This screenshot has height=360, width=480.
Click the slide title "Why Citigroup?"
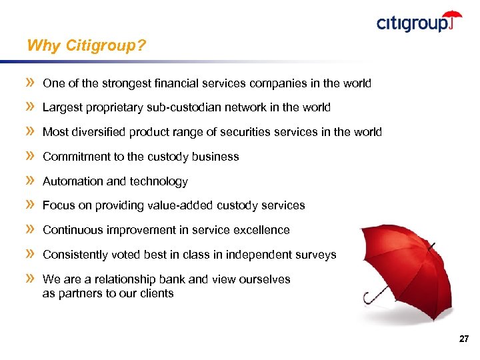pyautogui.click(x=86, y=46)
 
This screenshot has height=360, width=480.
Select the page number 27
pyautogui.click(x=464, y=339)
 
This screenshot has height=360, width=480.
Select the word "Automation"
pyautogui.click(x=71, y=181)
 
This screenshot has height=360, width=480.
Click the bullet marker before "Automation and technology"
pyautogui.click(x=30, y=181)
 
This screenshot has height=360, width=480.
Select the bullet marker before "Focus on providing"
pyautogui.click(x=30, y=205)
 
